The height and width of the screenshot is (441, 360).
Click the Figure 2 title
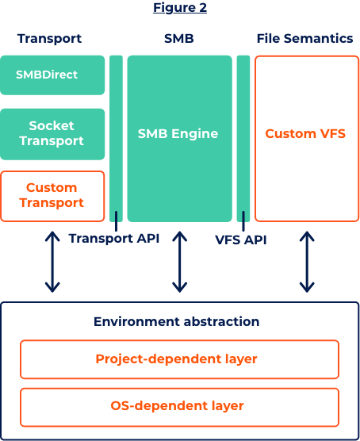pos(180,8)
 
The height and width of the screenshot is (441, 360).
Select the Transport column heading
pos(49,39)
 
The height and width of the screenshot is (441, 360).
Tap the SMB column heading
pos(179,39)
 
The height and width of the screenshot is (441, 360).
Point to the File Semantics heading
pos(304,39)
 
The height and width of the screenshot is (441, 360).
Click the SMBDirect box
pos(52,75)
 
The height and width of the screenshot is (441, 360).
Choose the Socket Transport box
pos(52,134)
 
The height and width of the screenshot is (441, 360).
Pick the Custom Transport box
pos(52,197)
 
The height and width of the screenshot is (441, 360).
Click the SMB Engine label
pos(178,133)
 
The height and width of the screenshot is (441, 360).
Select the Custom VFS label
pos(305,133)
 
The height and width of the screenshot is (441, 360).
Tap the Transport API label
pos(114,239)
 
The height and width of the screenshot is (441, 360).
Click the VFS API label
pos(241,240)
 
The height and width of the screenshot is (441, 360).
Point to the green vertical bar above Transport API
pos(116,138)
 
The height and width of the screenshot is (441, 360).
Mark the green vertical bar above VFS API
pos(243,138)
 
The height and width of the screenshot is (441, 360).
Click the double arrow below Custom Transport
pos(52,262)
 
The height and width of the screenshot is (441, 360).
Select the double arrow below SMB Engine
pos(180,262)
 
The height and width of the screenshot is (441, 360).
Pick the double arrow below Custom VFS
pos(307,262)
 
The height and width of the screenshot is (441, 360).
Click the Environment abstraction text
pos(176,321)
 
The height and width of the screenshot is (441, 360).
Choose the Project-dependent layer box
pos(179,359)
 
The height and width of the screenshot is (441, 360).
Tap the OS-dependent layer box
pos(179,407)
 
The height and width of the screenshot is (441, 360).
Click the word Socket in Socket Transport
pos(52,126)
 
